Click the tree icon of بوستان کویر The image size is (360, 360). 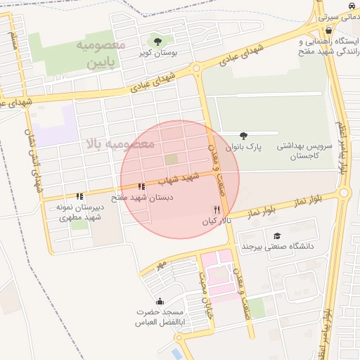click(x=157, y=41)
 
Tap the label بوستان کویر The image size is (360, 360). click(x=157, y=53)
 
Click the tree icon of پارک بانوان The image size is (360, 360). click(x=244, y=136)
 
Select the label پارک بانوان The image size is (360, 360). click(x=244, y=147)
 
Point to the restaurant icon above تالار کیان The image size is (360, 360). click(x=217, y=210)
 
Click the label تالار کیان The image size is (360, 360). click(x=217, y=221)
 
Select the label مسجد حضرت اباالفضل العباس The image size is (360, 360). click(x=159, y=316)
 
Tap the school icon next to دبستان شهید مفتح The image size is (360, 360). click(x=141, y=187)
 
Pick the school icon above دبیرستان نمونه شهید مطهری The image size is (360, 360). click(x=79, y=196)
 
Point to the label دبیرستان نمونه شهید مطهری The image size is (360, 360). click(x=80, y=213)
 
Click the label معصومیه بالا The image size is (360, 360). click(x=120, y=143)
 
